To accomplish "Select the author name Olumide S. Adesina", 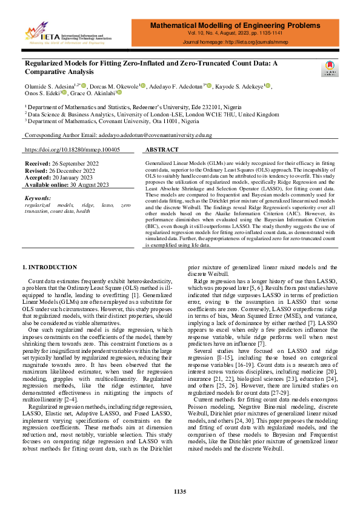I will (x=48, y=87).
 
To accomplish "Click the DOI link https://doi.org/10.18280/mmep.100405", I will (x=72, y=149).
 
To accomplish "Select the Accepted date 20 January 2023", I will (x=59, y=178).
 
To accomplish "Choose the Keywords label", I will (x=38, y=198).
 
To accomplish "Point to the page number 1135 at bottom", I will (x=180, y=491).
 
